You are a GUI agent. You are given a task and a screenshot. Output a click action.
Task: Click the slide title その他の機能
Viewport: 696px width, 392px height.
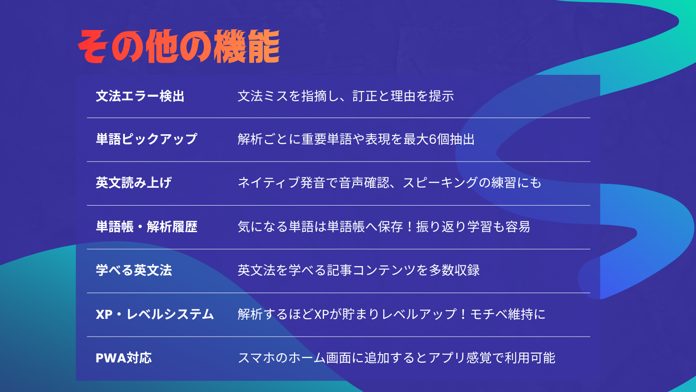[179, 46]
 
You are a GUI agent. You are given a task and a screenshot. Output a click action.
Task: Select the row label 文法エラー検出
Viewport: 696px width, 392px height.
[140, 96]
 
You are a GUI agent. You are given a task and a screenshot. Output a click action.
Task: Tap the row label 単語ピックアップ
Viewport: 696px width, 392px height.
[146, 139]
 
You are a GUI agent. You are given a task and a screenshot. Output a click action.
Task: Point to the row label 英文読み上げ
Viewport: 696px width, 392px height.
[134, 182]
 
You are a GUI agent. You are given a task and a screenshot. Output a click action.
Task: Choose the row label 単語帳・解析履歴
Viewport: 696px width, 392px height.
[147, 226]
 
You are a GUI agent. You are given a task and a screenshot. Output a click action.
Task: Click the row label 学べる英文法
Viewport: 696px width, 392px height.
[134, 270]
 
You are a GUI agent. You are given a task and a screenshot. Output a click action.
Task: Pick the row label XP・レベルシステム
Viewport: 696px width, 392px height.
[155, 314]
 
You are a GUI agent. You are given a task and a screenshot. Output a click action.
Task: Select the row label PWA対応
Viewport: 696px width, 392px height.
[124, 358]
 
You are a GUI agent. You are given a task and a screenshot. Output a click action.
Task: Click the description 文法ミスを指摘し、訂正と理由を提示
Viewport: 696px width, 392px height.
[346, 96]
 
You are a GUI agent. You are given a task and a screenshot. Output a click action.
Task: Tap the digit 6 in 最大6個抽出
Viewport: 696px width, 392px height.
[432, 139]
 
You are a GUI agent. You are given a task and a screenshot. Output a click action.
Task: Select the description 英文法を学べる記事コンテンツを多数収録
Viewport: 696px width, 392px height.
[358, 270]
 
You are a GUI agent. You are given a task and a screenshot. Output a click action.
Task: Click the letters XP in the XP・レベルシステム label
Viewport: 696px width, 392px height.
[104, 314]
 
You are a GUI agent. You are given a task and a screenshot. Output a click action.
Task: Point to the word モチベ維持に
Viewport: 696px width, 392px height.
[508, 314]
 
